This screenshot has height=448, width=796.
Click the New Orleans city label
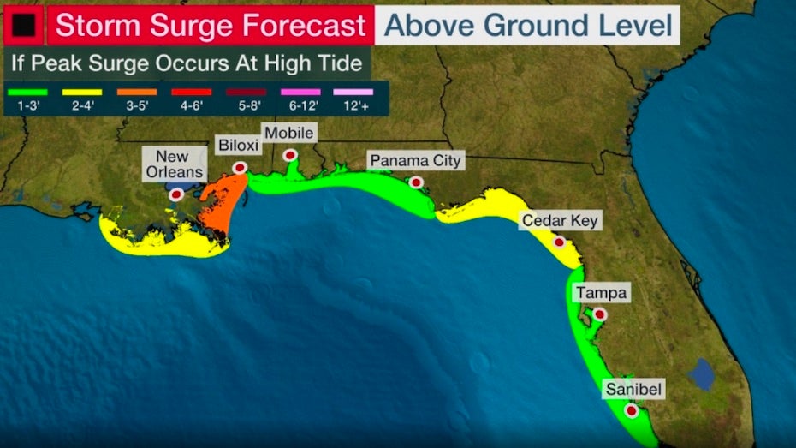click(x=179, y=164)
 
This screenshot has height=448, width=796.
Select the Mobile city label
click(x=288, y=133)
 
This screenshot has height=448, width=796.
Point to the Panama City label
click(x=415, y=160)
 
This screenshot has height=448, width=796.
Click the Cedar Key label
click(x=561, y=221)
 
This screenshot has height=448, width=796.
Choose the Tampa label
click(x=601, y=293)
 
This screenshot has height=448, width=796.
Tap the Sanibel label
click(x=633, y=390)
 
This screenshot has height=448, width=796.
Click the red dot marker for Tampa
click(x=600, y=314)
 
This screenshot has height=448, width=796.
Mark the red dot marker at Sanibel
click(x=632, y=411)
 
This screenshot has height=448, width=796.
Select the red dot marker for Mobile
click(x=291, y=155)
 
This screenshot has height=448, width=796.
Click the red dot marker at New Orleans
click(x=176, y=194)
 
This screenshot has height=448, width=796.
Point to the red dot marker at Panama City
click(x=416, y=182)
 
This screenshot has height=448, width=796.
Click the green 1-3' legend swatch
click(x=27, y=92)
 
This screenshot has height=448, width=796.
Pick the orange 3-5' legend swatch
click(x=136, y=92)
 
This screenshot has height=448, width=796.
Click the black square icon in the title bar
click(x=23, y=26)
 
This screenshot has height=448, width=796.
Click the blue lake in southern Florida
click(x=701, y=374)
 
